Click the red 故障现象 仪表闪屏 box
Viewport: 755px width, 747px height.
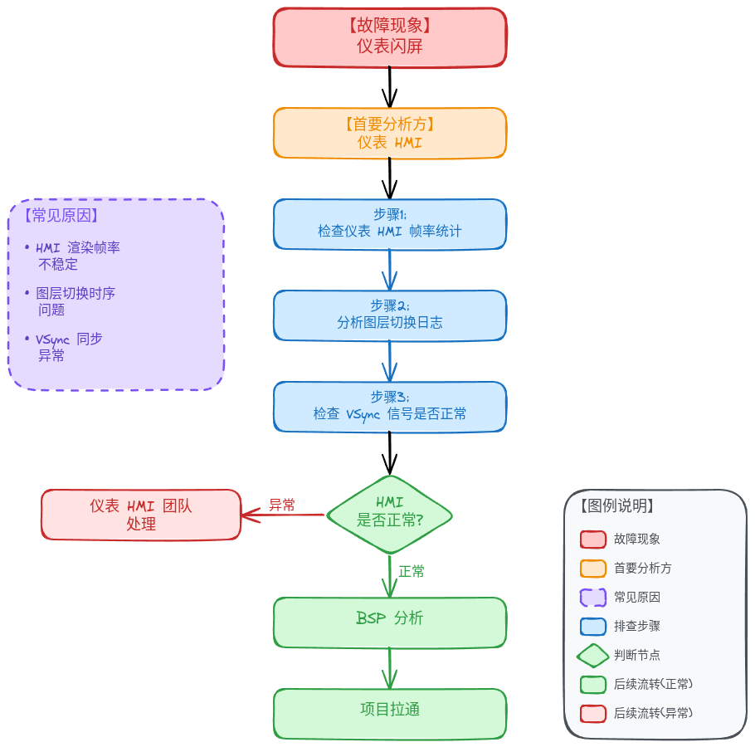pyautogui.click(x=390, y=37)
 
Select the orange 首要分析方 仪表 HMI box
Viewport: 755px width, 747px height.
pyautogui.click(x=390, y=133)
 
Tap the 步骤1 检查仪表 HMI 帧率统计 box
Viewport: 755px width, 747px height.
pyautogui.click(x=390, y=224)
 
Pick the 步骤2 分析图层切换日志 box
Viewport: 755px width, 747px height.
pyautogui.click(x=390, y=315)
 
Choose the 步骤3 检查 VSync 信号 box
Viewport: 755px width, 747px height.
pyautogui.click(x=390, y=407)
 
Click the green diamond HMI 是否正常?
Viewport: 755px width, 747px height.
pyautogui.click(x=390, y=515)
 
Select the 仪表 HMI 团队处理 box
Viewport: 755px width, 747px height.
pyautogui.click(x=140, y=515)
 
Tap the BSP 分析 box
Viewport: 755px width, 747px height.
pyautogui.click(x=390, y=622)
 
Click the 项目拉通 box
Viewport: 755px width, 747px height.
pyautogui.click(x=390, y=714)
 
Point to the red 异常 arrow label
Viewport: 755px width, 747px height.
pyautogui.click(x=282, y=505)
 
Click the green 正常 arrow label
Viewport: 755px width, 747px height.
pyautogui.click(x=412, y=571)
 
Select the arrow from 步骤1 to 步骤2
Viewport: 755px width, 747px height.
pyautogui.click(x=390, y=270)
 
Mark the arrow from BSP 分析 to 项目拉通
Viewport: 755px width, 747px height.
pyautogui.click(x=390, y=668)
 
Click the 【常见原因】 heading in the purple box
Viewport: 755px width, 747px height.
pyautogui.click(x=61, y=215)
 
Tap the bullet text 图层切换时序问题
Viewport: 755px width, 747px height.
pyautogui.click(x=75, y=301)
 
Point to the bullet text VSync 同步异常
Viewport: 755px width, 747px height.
pyautogui.click(x=69, y=347)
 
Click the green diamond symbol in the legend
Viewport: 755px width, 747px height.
pyautogui.click(x=592, y=655)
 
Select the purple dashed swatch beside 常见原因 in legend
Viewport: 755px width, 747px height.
pyautogui.click(x=592, y=598)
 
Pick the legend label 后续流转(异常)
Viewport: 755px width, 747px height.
pyautogui.click(x=653, y=713)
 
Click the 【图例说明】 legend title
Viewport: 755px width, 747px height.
pyautogui.click(x=616, y=505)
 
